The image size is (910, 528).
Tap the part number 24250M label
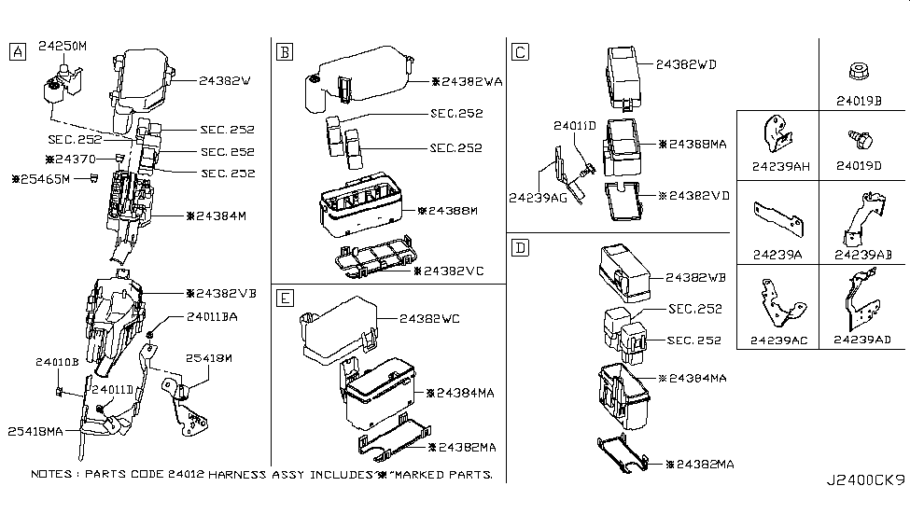[x=64, y=45]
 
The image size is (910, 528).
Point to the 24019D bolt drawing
[x=858, y=138]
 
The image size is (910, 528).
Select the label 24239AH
[x=777, y=167]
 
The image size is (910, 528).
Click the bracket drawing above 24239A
[x=777, y=217]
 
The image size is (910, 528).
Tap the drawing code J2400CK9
[x=865, y=480]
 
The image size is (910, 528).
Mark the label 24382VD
[x=693, y=196]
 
